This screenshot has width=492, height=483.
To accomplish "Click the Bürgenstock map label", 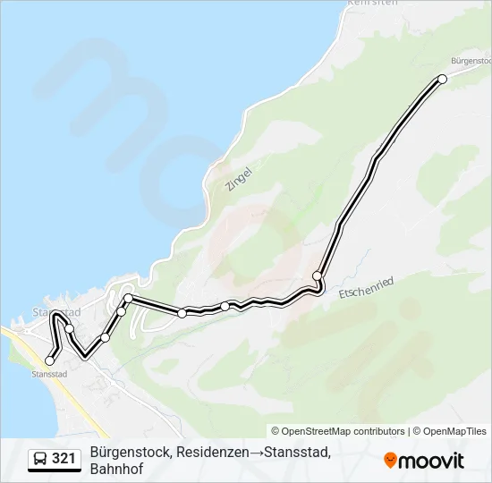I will (471, 60).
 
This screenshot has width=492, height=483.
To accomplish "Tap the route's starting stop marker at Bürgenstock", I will (442, 80).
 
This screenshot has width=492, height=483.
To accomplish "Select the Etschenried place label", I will (366, 288).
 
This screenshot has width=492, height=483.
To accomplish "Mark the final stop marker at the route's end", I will (49, 361).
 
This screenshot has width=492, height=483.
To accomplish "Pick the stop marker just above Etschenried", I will (317, 275).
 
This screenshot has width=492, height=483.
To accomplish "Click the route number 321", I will (64, 459).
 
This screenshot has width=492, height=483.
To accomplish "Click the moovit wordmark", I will (432, 461).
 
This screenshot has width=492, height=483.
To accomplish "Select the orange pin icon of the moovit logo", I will (390, 461).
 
